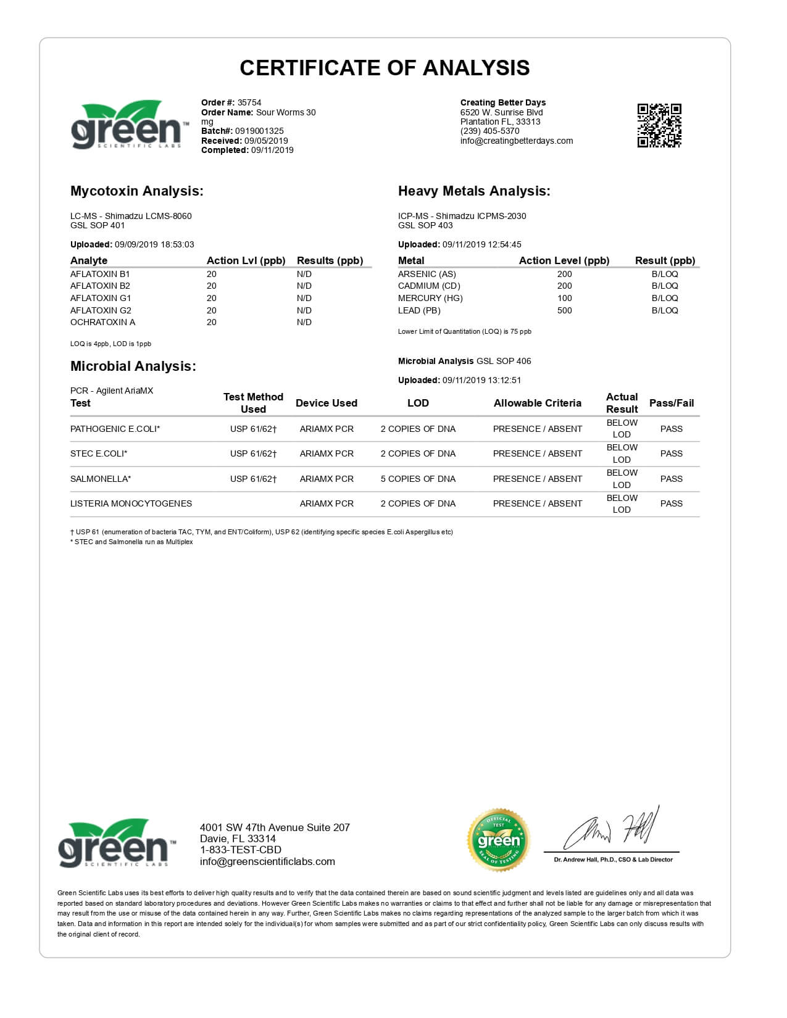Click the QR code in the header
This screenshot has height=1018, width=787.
659,125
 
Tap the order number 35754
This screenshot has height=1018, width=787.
249,102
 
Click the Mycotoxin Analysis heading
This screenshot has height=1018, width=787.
136,191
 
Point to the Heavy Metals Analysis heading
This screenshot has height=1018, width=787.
473,191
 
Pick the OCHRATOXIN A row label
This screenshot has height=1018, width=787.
102,322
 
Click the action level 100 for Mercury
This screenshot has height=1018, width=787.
564,298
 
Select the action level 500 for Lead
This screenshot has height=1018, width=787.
564,310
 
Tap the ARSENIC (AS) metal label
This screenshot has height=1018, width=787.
427,274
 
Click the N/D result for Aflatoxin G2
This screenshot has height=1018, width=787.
304,310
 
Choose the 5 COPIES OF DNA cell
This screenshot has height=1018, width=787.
418,479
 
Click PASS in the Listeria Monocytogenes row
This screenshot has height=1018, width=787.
671,503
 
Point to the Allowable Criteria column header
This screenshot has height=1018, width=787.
537,403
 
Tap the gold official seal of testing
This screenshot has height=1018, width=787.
498,840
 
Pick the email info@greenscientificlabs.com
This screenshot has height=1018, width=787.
267,862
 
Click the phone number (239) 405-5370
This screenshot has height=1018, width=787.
489,131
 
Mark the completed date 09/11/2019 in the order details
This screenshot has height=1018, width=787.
272,150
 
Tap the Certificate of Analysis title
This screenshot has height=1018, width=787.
385,68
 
